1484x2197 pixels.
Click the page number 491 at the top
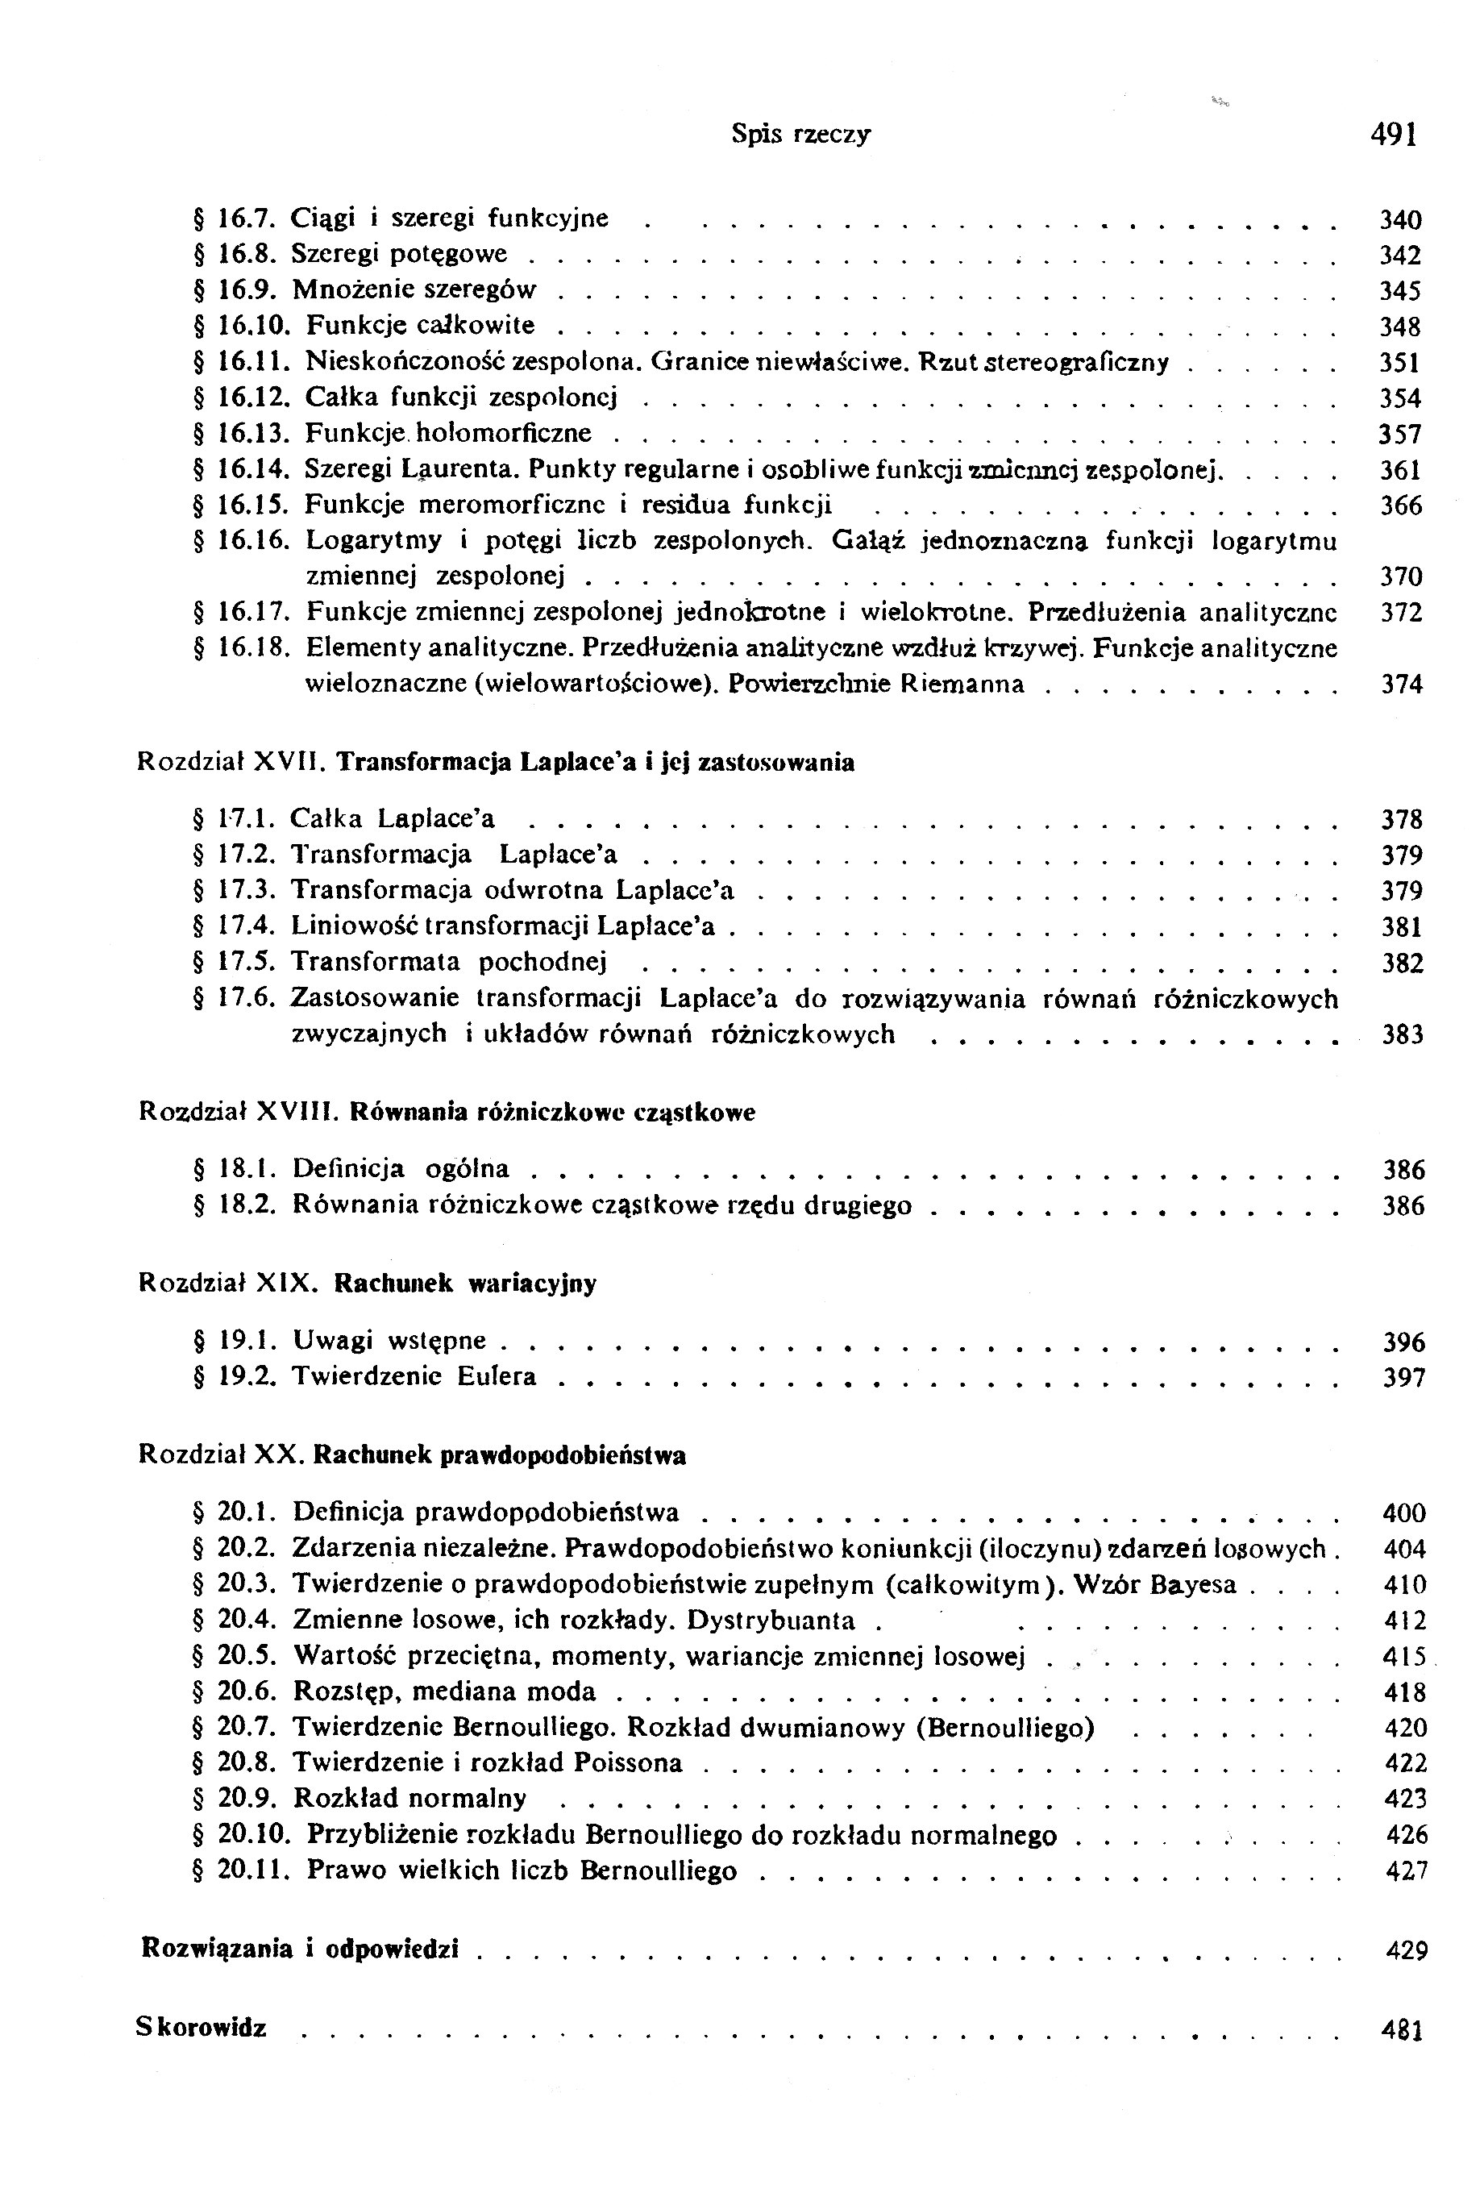pyautogui.click(x=1393, y=135)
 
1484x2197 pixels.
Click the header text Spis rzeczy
pyautogui.click(x=800, y=135)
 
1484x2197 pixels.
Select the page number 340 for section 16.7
pyautogui.click(x=1400, y=220)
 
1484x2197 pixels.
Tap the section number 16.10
pyautogui.click(x=246, y=327)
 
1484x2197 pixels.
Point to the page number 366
pyautogui.click(x=1400, y=506)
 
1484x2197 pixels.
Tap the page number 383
pyautogui.click(x=1402, y=1035)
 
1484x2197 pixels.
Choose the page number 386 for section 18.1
pyautogui.click(x=1403, y=1171)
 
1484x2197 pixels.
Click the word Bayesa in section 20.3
pyautogui.click(x=1193, y=1585)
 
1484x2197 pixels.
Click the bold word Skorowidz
pyautogui.click(x=202, y=2028)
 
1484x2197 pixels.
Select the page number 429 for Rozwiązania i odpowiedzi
pyautogui.click(x=1406, y=1950)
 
